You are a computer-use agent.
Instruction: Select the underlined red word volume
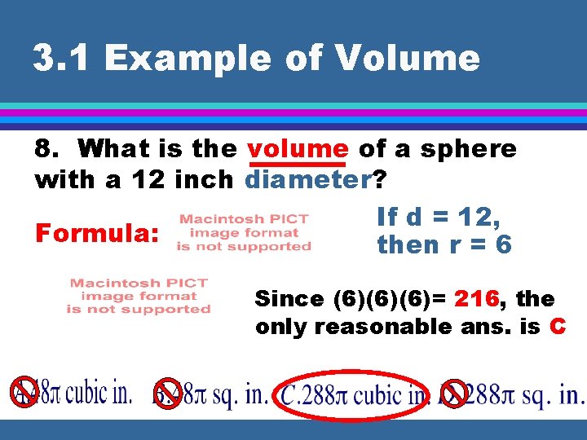298,148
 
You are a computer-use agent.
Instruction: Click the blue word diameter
307,179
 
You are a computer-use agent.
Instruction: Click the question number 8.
46,148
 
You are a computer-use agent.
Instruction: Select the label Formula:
96,235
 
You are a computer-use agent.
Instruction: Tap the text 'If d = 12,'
439,217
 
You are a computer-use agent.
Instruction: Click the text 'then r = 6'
444,244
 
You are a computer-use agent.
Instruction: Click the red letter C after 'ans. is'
558,327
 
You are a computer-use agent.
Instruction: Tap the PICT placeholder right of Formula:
244,232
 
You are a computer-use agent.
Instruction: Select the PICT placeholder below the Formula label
139,296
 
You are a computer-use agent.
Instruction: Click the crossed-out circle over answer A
24,393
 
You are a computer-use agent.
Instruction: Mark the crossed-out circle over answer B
169,393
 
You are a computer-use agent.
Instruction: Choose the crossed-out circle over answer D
453,393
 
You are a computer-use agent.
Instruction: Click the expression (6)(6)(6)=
390,299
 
